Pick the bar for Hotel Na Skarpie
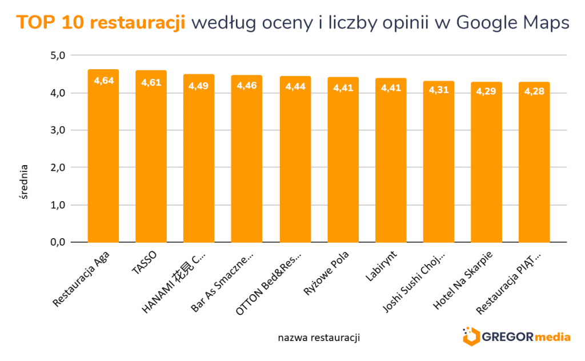487,166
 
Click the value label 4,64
103,81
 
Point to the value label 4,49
199,86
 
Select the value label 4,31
439,93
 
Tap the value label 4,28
534,93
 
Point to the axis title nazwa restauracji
319,338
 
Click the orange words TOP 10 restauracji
101,22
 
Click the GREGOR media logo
516,336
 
